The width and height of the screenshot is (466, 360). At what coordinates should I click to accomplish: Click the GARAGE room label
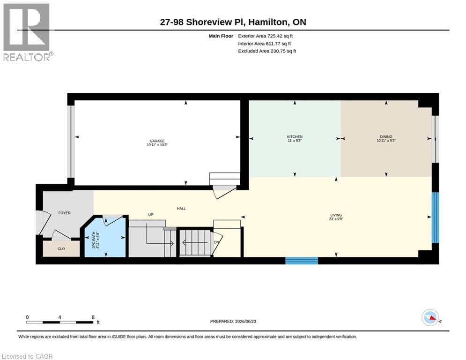[157, 141]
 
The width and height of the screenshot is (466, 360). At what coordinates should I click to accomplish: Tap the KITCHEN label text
[295, 137]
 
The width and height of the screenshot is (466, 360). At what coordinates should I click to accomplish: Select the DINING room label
[386, 137]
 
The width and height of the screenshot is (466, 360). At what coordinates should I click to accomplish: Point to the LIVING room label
[336, 215]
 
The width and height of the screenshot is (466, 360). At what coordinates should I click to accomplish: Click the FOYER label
[65, 213]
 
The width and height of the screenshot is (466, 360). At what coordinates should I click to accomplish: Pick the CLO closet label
[61, 249]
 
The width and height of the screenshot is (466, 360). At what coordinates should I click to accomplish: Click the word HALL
[181, 209]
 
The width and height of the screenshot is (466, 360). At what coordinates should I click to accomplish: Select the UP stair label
[151, 215]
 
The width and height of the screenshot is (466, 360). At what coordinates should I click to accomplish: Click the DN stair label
[216, 242]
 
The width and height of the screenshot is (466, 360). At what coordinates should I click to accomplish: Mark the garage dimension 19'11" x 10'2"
[157, 145]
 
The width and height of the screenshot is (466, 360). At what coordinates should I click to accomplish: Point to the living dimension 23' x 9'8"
[336, 219]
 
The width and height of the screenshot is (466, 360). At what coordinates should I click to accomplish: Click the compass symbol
[430, 317]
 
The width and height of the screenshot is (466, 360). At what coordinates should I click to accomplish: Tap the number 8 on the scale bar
[93, 317]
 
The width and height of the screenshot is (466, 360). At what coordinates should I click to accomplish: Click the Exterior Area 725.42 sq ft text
[266, 36]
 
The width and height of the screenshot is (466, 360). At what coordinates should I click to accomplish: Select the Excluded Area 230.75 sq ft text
[267, 51]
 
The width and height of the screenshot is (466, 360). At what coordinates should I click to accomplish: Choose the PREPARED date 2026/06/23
[245, 321]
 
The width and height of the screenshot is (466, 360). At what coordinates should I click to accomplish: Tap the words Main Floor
[221, 36]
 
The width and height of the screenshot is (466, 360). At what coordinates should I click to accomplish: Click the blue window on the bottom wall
[302, 261]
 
